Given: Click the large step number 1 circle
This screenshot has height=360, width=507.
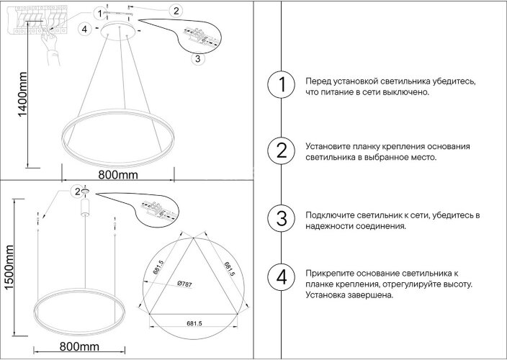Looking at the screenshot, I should (x=281, y=86).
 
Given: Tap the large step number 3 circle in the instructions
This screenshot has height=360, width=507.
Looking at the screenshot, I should (x=281, y=218).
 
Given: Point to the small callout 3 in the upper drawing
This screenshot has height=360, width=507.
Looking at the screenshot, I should (x=197, y=59).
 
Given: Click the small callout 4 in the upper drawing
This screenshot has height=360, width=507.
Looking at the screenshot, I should (x=84, y=29).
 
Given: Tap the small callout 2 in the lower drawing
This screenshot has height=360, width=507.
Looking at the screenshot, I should (x=75, y=190).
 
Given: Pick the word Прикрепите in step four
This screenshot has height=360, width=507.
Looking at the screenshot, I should (x=330, y=274).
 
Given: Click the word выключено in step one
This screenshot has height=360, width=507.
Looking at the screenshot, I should (x=405, y=93).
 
